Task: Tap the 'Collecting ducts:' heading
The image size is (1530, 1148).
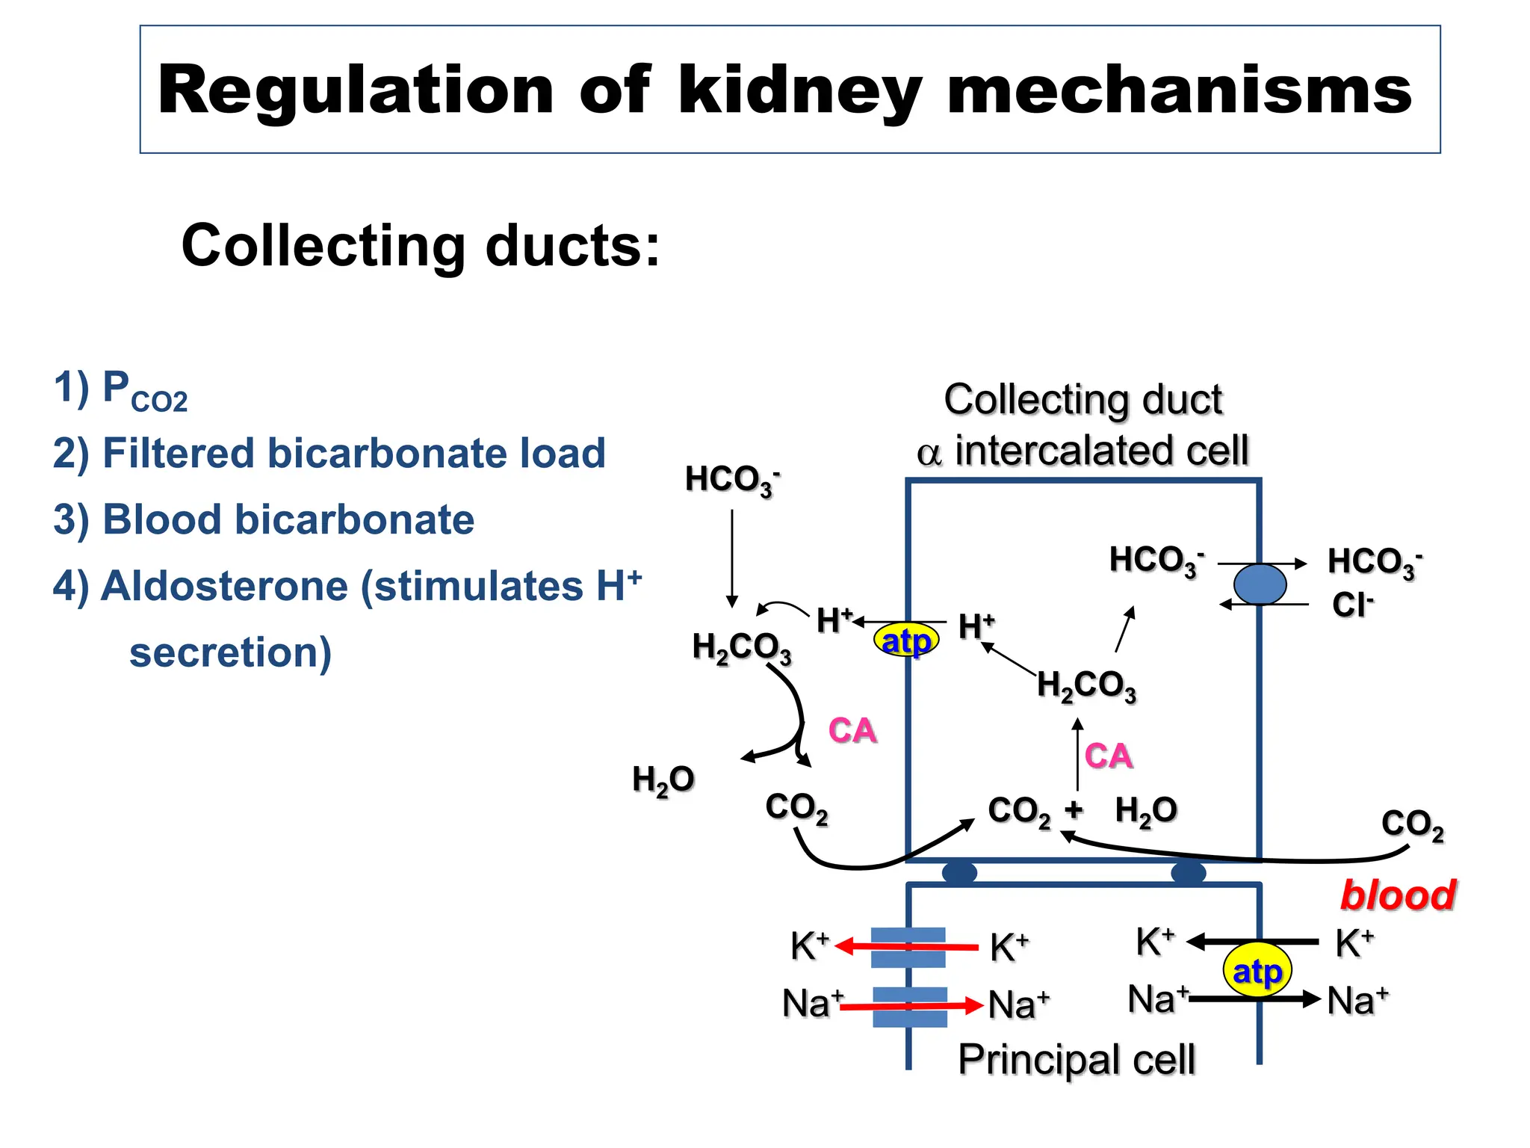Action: point(421,246)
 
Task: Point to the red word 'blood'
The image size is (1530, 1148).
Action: point(1397,895)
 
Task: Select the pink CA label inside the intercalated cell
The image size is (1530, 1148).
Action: point(1108,756)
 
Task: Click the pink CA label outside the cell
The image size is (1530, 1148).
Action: point(852,730)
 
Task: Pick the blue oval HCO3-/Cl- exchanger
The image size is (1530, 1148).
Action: point(1260,584)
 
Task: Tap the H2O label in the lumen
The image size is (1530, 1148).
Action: point(663,780)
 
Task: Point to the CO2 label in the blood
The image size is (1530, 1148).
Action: point(1412,824)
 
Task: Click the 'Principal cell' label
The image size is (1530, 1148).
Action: point(1077,1059)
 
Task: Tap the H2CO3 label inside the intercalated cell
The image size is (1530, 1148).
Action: point(1086,685)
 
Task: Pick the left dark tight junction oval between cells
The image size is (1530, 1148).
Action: point(959,872)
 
